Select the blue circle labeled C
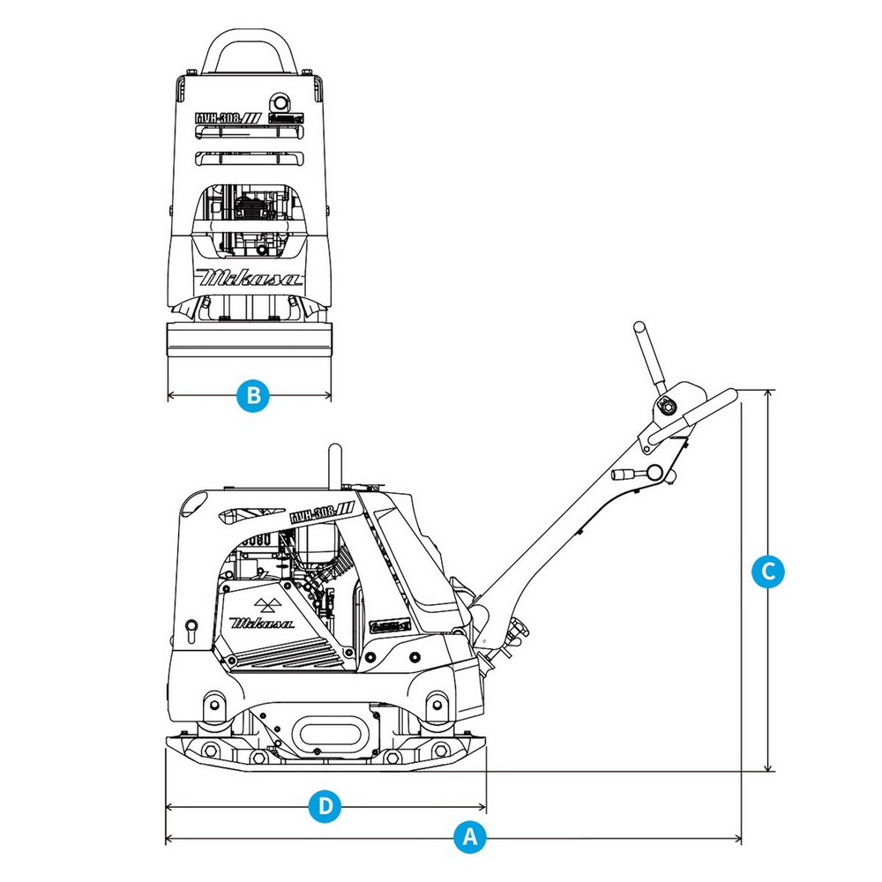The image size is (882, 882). [x=768, y=571]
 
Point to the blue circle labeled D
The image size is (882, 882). [x=325, y=806]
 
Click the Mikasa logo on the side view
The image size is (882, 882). [x=263, y=622]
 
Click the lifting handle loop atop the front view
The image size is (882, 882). [x=250, y=49]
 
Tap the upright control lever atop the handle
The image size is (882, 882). [x=649, y=358]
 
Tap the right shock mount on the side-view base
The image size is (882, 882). [x=434, y=706]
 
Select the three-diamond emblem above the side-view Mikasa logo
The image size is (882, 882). [x=265, y=603]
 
